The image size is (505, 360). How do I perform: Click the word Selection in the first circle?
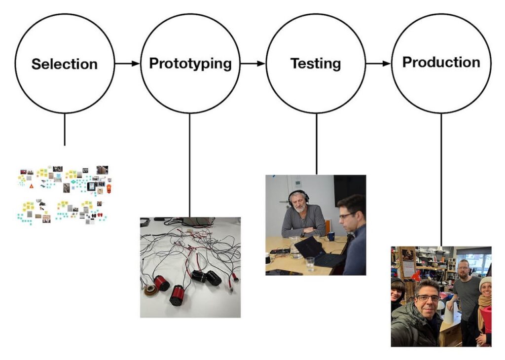click(x=65, y=64)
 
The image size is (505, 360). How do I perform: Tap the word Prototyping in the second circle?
click(x=190, y=63)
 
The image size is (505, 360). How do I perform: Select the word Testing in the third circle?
click(x=316, y=64)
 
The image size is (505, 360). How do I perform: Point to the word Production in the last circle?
click(x=441, y=62)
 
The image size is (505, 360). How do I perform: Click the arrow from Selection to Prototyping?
click(x=127, y=64)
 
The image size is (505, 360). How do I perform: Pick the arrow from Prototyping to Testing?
click(x=253, y=64)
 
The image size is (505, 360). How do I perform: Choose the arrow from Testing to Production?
click(x=378, y=64)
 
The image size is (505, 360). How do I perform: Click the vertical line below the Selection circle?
click(x=65, y=129)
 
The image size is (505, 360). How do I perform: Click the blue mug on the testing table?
click(x=330, y=236)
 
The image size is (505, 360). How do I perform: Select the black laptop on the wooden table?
click(x=316, y=252)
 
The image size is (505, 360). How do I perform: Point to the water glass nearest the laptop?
click(x=309, y=264)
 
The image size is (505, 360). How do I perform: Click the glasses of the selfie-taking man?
click(x=427, y=298)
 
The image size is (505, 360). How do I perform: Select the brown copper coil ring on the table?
click(x=151, y=290)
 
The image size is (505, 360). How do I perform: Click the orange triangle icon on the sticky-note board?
click(x=32, y=186)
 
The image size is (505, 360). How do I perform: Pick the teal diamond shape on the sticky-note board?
click(x=73, y=182)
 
